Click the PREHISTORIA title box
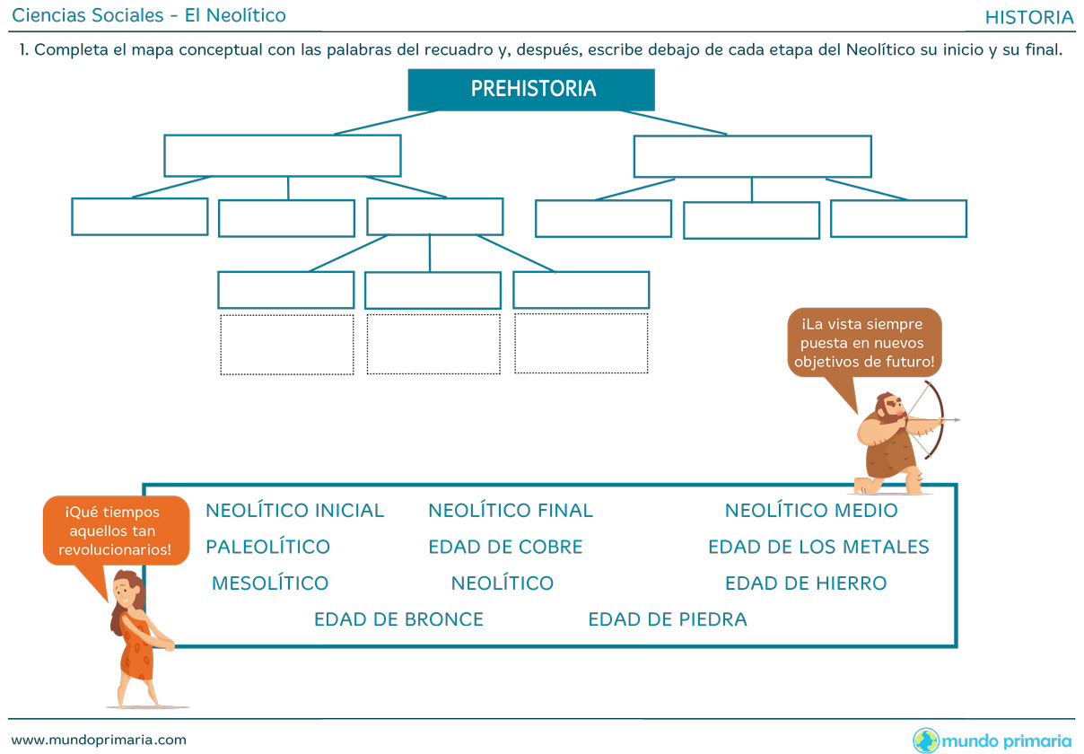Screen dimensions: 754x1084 pyautogui.click(x=531, y=90)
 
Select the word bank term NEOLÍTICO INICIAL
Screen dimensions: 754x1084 pyautogui.click(x=294, y=511)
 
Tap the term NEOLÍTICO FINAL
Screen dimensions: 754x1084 pyautogui.click(x=510, y=511)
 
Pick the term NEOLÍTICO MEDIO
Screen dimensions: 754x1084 pyautogui.click(x=810, y=511)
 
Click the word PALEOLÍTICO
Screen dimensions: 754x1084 pyautogui.click(x=267, y=547)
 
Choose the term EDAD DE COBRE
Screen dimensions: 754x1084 pyautogui.click(x=505, y=547)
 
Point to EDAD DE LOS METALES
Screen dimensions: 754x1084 pyautogui.click(x=818, y=547)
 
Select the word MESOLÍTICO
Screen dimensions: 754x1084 pyautogui.click(x=270, y=583)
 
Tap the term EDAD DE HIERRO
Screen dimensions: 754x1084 pyautogui.click(x=806, y=583)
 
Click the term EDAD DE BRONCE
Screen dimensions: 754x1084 pyautogui.click(x=398, y=619)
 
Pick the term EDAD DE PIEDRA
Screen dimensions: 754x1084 pyautogui.click(x=667, y=619)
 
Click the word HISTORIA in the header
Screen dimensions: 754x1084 pyautogui.click(x=1028, y=17)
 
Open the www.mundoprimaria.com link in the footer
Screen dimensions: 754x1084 pyautogui.click(x=99, y=740)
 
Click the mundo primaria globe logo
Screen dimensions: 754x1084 pyautogui.click(x=926, y=741)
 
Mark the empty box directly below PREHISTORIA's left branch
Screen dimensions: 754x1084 pyautogui.click(x=282, y=156)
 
